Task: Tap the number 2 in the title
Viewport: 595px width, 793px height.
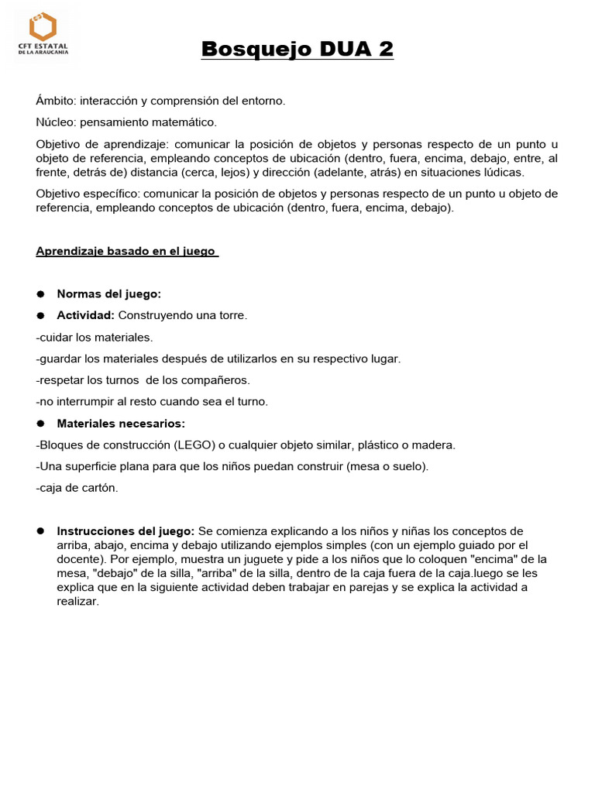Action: [385, 50]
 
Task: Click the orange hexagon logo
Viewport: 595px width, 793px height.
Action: [43, 26]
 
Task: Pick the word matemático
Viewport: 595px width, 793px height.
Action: [186, 122]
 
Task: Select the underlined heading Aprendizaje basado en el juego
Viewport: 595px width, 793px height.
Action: [126, 252]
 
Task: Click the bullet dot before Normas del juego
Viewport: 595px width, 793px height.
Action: [40, 294]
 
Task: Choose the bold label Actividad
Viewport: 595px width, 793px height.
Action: [85, 315]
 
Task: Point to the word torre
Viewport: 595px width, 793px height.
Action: [232, 315]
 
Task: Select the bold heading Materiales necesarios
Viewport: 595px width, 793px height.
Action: [121, 424]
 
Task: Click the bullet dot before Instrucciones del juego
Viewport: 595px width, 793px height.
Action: [40, 531]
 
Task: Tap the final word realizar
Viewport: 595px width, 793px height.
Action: [77, 602]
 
